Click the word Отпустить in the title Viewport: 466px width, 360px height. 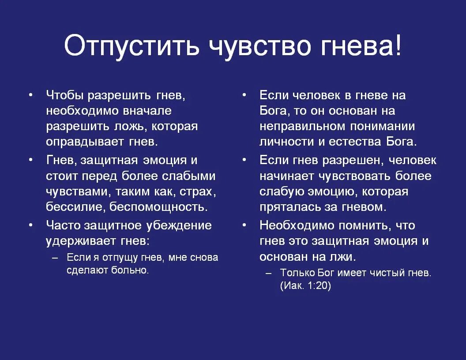pos(132,46)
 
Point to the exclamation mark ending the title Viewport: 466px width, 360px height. pos(398,46)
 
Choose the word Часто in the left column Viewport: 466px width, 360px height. pos(64,225)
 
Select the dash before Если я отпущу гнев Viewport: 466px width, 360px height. pos(55,257)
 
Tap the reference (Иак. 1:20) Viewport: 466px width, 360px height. pos(305,285)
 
